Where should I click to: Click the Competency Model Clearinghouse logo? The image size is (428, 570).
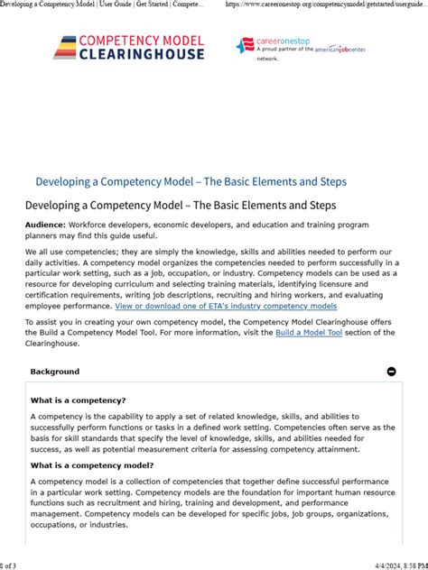coord(128,47)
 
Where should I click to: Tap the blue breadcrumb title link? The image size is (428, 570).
coord(191,181)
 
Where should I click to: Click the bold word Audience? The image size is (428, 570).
coord(44,224)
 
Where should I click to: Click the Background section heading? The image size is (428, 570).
coord(55,372)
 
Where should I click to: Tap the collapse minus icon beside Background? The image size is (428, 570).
coord(391,372)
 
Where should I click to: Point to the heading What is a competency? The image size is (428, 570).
coord(78,400)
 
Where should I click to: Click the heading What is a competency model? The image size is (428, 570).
coord(92,465)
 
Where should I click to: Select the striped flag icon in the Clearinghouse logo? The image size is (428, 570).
coord(65,48)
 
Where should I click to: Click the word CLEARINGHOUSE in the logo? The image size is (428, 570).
coord(143,53)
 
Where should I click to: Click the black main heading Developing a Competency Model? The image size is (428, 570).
coord(181,206)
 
